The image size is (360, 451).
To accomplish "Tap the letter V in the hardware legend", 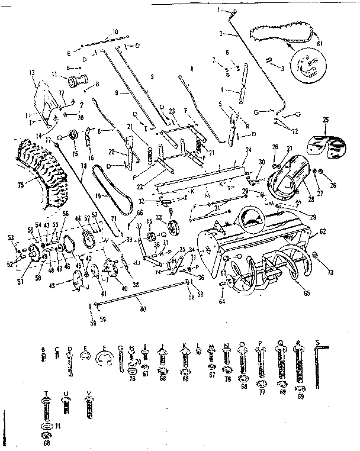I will point(89,394).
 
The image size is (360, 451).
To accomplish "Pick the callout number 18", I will point(83,167).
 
